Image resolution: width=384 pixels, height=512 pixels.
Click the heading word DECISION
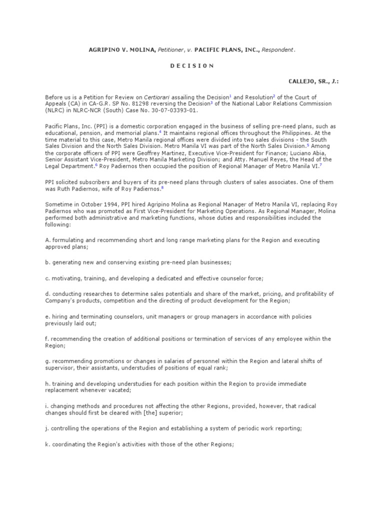[192, 66]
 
